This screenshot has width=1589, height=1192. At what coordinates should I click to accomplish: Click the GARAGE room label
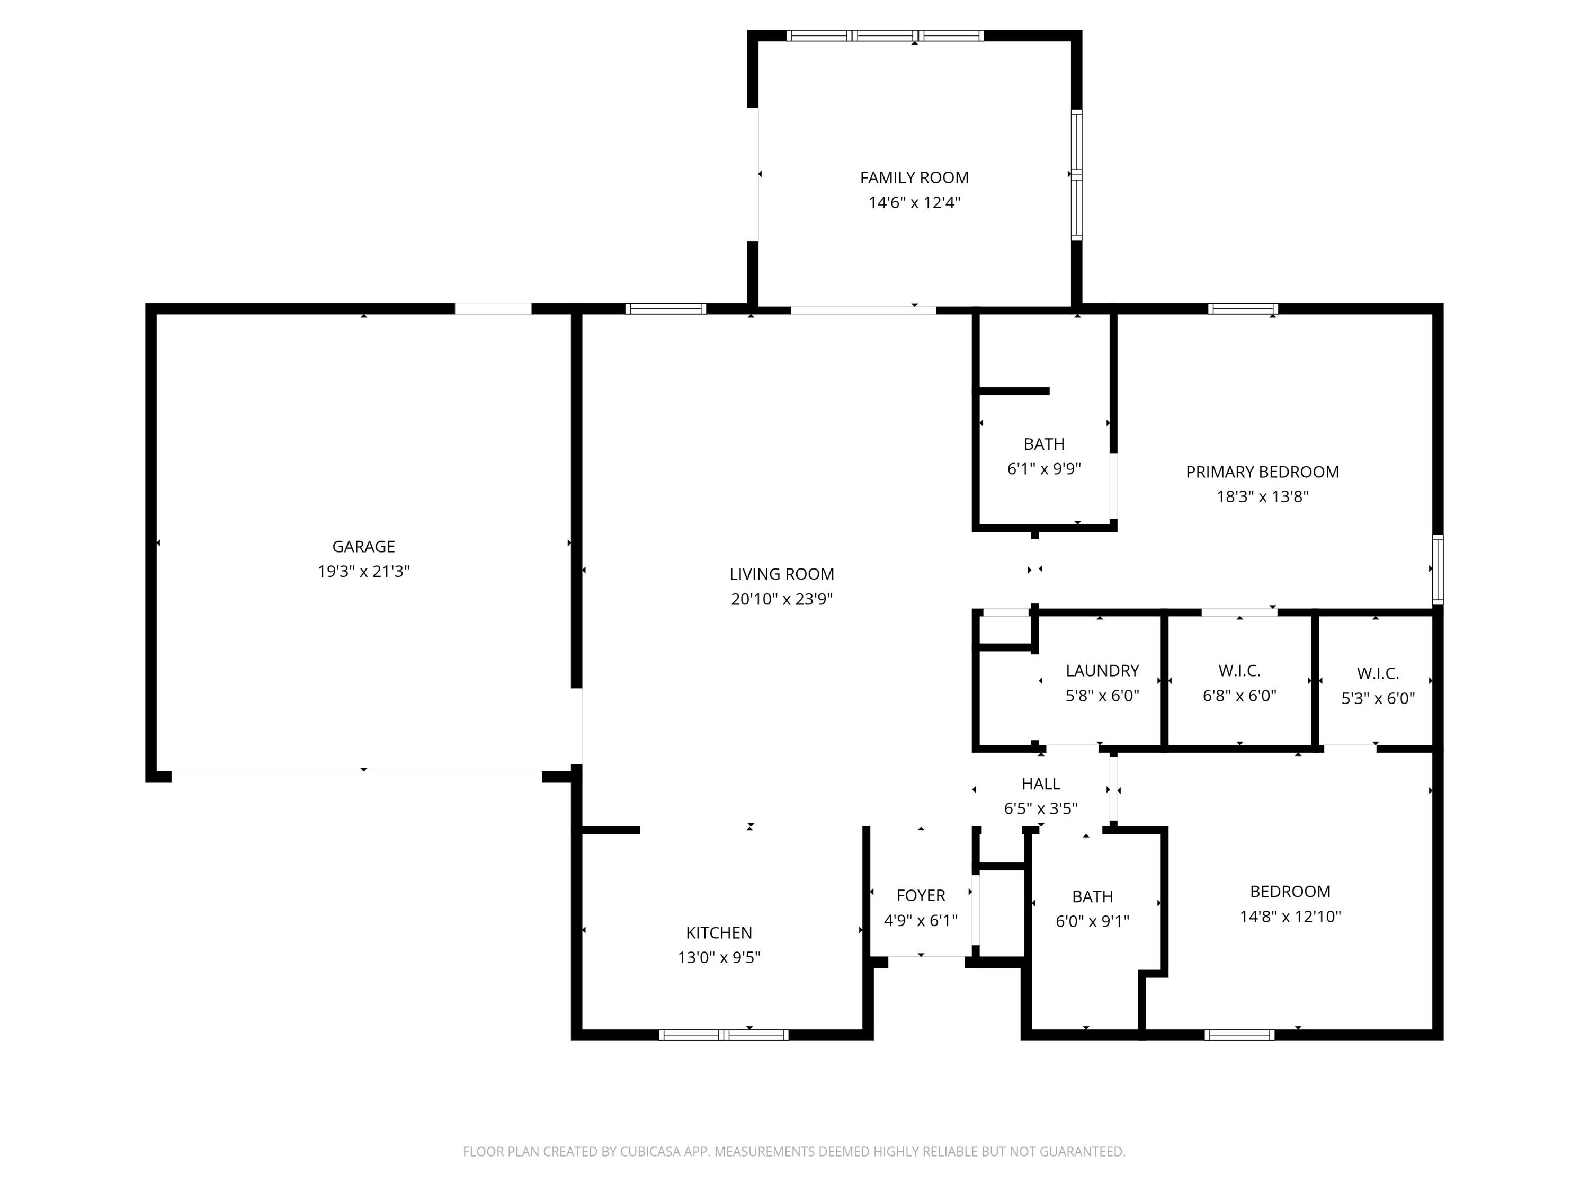click(363, 547)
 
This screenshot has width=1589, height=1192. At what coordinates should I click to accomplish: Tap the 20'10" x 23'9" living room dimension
click(782, 599)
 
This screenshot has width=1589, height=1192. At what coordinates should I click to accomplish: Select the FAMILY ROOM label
click(914, 177)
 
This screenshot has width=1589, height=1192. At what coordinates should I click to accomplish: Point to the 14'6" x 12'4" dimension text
click(914, 202)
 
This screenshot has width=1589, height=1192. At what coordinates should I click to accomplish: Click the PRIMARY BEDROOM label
click(1262, 472)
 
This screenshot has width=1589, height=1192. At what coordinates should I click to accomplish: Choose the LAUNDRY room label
click(1102, 670)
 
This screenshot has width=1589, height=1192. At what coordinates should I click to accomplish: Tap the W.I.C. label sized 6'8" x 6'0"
click(1239, 670)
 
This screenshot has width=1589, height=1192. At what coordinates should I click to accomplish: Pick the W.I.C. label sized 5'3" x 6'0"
click(1377, 673)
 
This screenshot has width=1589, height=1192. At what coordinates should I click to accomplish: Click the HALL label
click(1040, 784)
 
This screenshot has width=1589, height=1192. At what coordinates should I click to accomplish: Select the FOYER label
click(920, 895)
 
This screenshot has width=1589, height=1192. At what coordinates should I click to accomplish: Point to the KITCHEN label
click(718, 932)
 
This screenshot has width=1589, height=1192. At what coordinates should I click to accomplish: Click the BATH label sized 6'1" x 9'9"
click(1044, 444)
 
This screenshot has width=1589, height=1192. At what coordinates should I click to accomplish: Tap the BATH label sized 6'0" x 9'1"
click(1092, 897)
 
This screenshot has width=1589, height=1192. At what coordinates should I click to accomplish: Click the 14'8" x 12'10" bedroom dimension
click(1290, 916)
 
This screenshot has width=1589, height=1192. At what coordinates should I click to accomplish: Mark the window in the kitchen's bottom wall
click(724, 1035)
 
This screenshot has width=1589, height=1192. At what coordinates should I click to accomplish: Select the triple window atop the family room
click(885, 35)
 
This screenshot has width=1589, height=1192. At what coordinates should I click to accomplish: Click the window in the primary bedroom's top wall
click(1243, 309)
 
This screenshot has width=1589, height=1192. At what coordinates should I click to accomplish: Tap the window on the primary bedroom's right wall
click(1438, 569)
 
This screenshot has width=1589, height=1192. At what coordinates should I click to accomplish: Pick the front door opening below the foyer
click(926, 962)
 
